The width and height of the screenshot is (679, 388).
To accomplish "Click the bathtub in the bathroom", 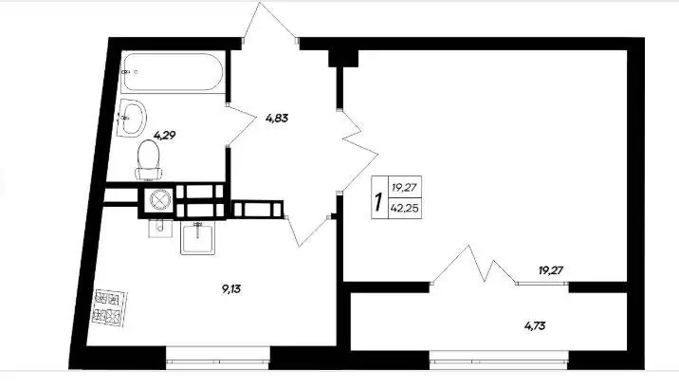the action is tap(173, 72).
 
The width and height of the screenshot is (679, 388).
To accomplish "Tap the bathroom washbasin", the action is tap(133, 118).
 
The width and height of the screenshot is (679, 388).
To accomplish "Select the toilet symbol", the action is tap(149, 160).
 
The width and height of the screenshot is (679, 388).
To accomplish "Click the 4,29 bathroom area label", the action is tap(165, 136).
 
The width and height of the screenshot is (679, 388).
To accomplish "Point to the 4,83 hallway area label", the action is tap(277, 118).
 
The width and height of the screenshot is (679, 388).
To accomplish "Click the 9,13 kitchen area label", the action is tap(231, 288).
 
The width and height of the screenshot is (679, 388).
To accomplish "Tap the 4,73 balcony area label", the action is tap(535, 325).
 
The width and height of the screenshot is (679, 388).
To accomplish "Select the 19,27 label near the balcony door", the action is tap(551, 270).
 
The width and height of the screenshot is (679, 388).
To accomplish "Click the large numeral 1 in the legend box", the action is tap(379, 202).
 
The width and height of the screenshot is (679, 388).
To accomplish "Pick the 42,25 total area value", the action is tap(404, 209).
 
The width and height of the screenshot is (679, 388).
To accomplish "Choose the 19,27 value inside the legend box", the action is tap(404, 188).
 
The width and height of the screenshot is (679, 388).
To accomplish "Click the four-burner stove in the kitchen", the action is tap(110, 308).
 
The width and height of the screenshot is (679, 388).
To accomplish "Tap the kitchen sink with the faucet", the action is tap(198, 238).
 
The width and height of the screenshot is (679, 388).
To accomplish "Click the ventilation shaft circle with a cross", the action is tap(159, 199).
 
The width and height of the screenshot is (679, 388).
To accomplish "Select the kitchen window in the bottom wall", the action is tap(218, 359).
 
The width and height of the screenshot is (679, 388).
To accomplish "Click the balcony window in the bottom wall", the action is tap(499, 359).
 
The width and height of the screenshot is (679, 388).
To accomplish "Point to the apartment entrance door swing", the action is tap(270, 21).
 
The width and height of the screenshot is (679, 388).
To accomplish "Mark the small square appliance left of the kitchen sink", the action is tap(160, 229).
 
